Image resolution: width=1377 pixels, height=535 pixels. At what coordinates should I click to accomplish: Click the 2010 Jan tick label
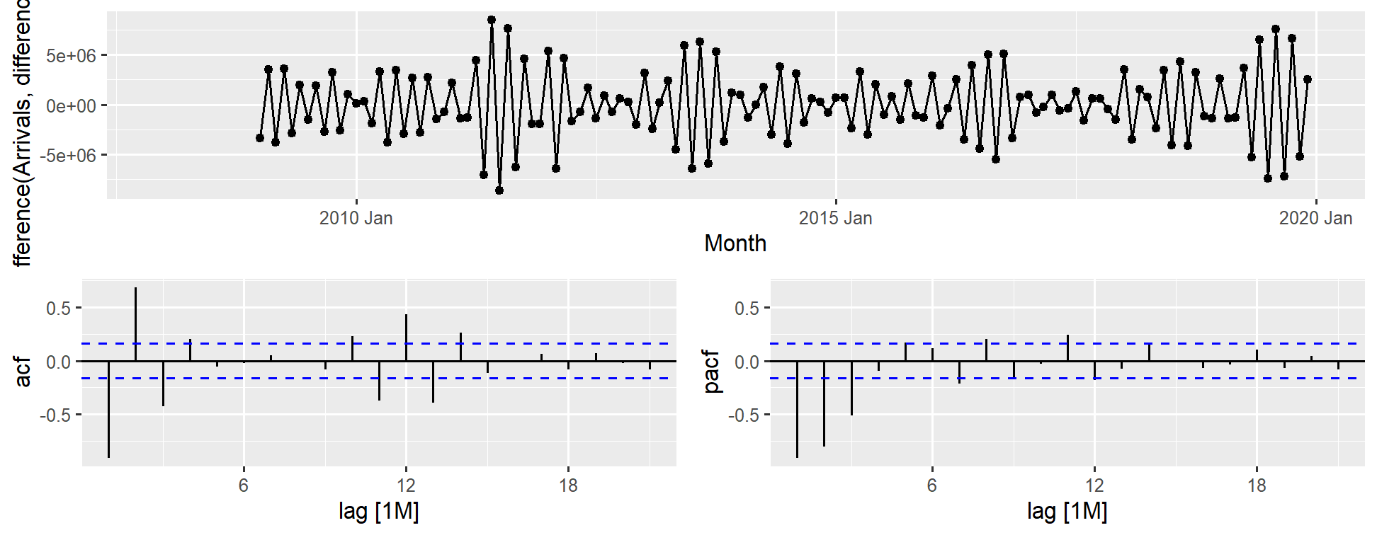[356, 218]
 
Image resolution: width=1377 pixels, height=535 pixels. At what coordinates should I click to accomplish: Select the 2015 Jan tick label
[835, 218]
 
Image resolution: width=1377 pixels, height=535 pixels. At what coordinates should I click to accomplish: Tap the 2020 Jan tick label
[1315, 218]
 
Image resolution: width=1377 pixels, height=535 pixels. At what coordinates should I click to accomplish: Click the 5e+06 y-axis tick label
[71, 55]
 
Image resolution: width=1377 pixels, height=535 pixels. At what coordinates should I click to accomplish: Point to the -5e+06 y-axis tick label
[68, 156]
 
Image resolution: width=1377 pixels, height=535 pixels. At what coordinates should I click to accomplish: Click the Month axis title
[735, 243]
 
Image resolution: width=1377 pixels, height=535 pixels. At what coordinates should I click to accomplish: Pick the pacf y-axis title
[710, 372]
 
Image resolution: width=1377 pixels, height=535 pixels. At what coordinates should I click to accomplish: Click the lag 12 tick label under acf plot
[406, 485]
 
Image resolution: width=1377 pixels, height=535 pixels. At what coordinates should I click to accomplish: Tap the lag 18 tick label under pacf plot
[1257, 485]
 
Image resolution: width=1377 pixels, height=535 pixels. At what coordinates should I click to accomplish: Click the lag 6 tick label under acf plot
[244, 485]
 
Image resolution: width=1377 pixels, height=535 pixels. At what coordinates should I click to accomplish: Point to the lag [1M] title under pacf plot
[1067, 511]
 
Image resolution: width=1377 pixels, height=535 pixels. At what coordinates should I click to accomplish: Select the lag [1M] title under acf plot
[378, 511]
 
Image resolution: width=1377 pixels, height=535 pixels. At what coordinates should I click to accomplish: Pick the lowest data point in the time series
[499, 190]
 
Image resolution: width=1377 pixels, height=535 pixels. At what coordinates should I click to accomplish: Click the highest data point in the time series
[492, 20]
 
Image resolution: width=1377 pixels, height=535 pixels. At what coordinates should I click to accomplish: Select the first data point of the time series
[260, 138]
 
